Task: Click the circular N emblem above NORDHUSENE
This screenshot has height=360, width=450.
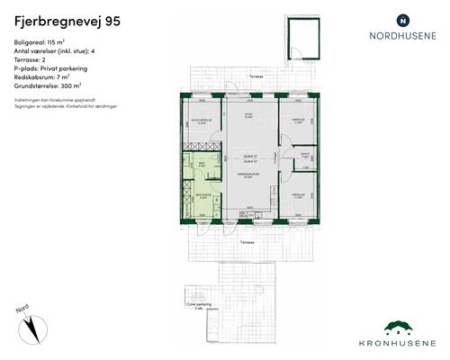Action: [x=402, y=19]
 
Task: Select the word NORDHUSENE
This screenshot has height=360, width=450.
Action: [x=402, y=37]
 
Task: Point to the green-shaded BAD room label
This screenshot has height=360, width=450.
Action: [x=202, y=164]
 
